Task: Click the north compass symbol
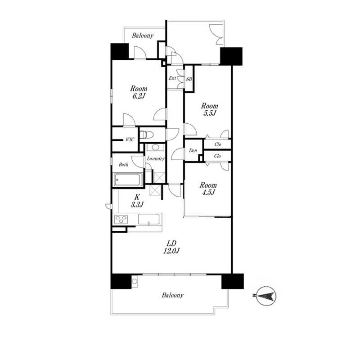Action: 265,296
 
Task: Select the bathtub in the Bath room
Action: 128,180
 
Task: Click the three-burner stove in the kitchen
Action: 121,219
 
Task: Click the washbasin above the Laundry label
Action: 155,147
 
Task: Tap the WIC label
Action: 130,139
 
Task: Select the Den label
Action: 193,151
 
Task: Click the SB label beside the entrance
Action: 189,79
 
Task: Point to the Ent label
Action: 172,78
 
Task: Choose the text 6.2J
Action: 139,96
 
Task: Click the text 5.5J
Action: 209,113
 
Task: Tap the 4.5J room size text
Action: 208,193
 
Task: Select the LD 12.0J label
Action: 171,247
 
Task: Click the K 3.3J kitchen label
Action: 137,200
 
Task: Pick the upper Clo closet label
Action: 218,144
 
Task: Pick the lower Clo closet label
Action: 217,156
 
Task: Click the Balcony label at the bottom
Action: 173,295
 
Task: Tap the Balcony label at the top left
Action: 143,36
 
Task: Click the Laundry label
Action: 156,158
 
